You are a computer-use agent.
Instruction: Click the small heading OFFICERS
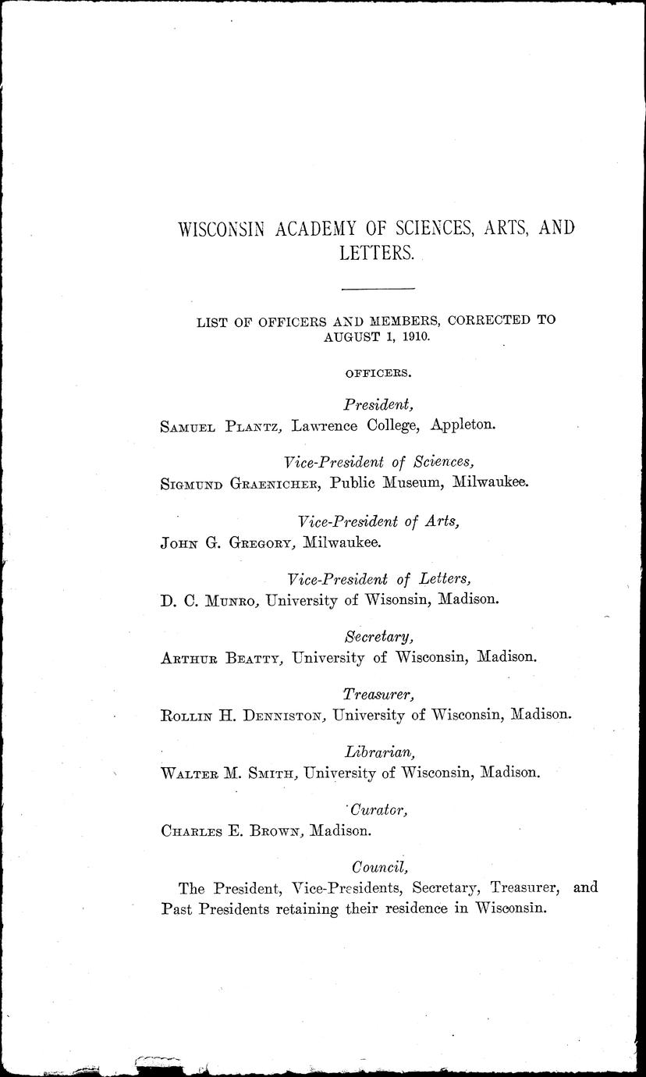pyautogui.click(x=378, y=373)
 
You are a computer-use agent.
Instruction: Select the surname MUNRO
pyautogui.click(x=232, y=600)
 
